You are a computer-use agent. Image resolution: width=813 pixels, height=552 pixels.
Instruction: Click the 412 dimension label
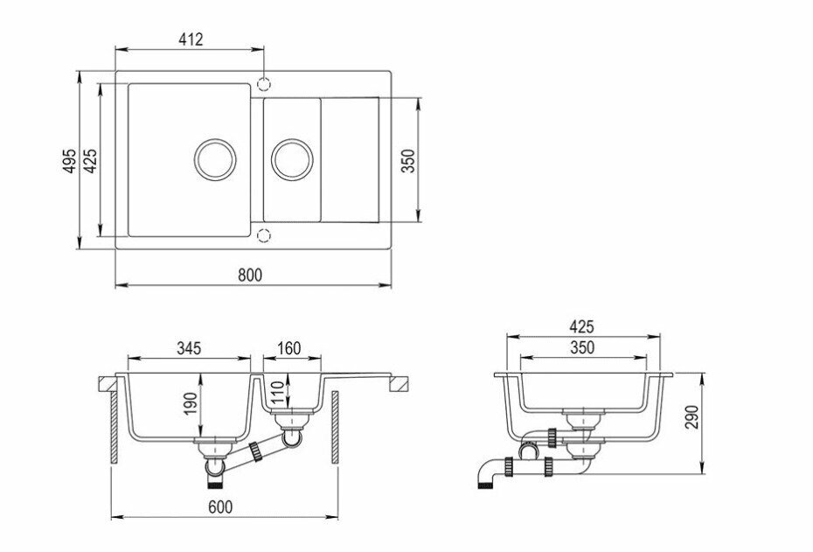pos(191,38)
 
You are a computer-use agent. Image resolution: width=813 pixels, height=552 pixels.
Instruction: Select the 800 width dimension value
pos(250,274)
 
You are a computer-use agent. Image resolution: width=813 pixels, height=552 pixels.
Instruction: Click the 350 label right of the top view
pos(407,160)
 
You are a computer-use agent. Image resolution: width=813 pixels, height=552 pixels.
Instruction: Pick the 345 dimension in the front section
pos(188,347)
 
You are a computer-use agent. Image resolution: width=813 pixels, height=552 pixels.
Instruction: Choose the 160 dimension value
pos(288,347)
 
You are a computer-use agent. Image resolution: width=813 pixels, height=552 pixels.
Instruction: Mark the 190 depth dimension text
pos(191,404)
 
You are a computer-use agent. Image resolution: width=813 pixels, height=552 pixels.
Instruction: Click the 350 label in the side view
pos(581,347)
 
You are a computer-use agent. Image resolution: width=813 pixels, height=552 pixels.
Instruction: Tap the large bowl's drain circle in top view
pos(214,158)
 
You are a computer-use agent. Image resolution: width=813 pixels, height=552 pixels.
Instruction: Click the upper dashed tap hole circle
pos(263,84)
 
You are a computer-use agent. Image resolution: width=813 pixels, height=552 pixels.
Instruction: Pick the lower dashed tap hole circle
pos(263,234)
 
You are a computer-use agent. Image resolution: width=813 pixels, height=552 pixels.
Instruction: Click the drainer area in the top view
pos(351,159)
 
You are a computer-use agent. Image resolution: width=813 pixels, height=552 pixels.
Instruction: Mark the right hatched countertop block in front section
pos(400,383)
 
